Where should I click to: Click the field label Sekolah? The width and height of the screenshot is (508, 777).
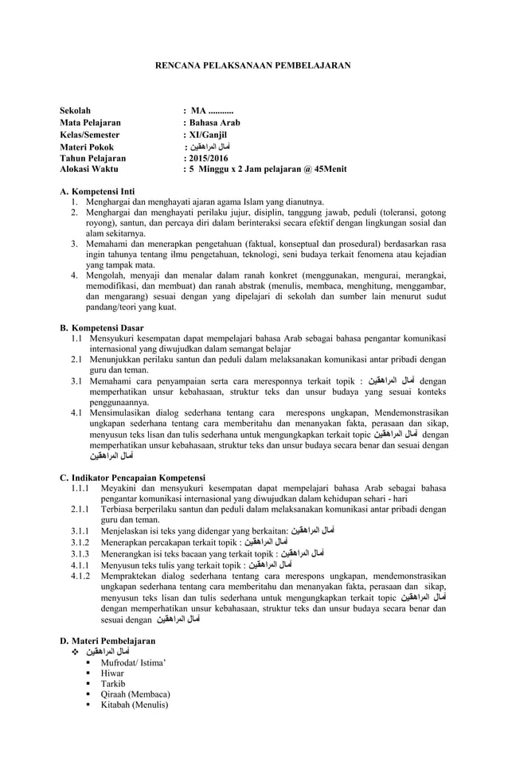(x=76, y=110)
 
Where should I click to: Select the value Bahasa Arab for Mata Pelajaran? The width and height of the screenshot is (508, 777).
(x=214, y=123)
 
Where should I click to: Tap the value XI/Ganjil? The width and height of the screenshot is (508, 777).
(x=208, y=135)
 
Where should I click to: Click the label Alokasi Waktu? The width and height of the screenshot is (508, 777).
(x=88, y=169)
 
